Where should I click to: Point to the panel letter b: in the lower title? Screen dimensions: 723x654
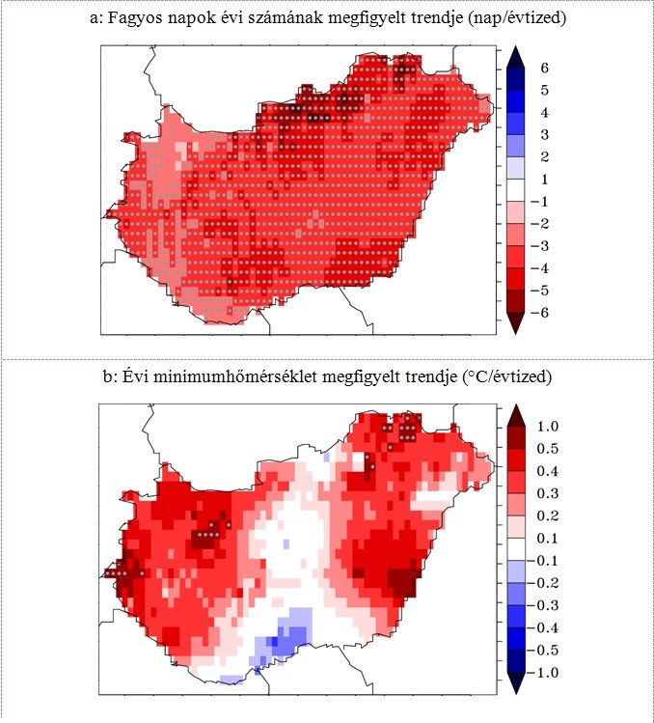[109, 375]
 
